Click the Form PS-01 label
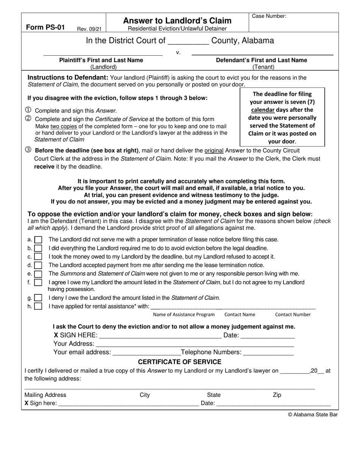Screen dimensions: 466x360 [45, 27]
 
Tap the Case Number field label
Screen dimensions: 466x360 [269, 16]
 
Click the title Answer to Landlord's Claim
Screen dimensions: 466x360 [177, 20]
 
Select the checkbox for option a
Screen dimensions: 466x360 [38, 240]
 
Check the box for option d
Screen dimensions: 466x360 [38, 265]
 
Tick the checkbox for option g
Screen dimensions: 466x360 [38, 298]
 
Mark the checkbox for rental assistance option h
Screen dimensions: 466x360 [38, 306]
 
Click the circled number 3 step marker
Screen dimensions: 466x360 [28, 150]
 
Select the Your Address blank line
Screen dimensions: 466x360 [195, 344]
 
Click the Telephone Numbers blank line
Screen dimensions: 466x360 [268, 353]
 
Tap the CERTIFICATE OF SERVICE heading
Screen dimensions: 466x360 [179, 362]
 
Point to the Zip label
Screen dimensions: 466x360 [277, 395]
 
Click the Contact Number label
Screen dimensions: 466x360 [293, 314]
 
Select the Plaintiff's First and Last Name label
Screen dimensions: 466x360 [101, 60]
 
